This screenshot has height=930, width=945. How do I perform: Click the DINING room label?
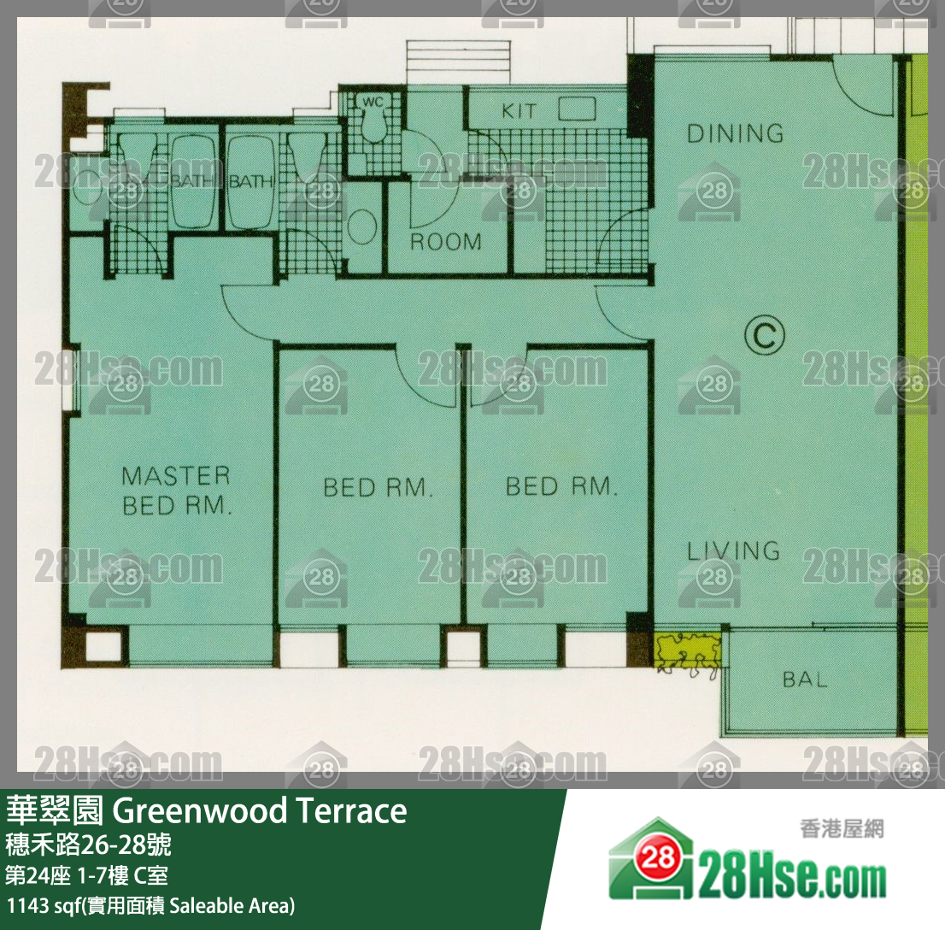pos(736,133)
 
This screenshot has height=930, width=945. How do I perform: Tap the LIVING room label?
pos(733,550)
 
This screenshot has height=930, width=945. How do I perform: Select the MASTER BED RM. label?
pos(176,491)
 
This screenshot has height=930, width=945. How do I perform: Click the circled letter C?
pos(764,335)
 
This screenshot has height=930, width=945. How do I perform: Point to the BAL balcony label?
pos(805,680)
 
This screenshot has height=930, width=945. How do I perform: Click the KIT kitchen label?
pos(519,111)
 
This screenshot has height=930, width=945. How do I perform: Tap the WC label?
pos(373,102)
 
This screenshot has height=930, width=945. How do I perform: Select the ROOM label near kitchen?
pos(446,242)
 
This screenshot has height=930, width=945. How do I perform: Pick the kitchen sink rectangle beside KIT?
pos(577,109)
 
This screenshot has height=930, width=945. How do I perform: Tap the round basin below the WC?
pos(362,227)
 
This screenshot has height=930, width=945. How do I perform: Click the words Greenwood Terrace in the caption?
pos(260,810)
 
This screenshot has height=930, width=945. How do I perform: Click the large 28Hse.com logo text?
pos(793,880)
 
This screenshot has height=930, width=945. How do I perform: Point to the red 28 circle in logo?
pos(657,857)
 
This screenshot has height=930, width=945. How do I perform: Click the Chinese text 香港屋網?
pos(842,828)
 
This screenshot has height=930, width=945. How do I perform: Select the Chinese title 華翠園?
pos(55,810)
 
